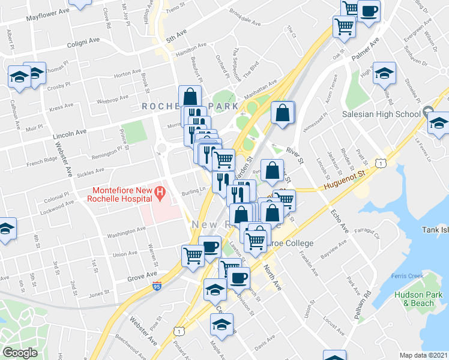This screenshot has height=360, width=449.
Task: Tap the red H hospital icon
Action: pos(160,193)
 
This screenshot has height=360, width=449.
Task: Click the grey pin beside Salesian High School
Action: pos(428,112)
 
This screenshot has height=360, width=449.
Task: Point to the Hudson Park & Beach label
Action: pos(414,298)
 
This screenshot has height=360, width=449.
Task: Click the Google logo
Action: pos(20,353)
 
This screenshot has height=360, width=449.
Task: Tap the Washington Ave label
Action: pos(127,230)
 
